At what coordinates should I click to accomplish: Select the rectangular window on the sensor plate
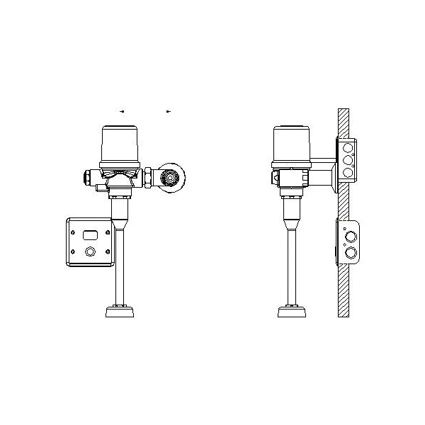(x=90, y=234)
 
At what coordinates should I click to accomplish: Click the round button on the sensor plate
(x=90, y=251)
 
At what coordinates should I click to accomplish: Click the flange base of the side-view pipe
(x=291, y=311)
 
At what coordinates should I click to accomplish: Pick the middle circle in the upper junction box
(x=348, y=161)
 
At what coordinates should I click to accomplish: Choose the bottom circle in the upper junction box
(x=348, y=172)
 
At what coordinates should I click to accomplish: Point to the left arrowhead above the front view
(x=123, y=111)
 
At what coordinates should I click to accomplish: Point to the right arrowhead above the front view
(x=168, y=111)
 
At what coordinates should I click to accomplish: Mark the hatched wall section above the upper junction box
(x=343, y=124)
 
